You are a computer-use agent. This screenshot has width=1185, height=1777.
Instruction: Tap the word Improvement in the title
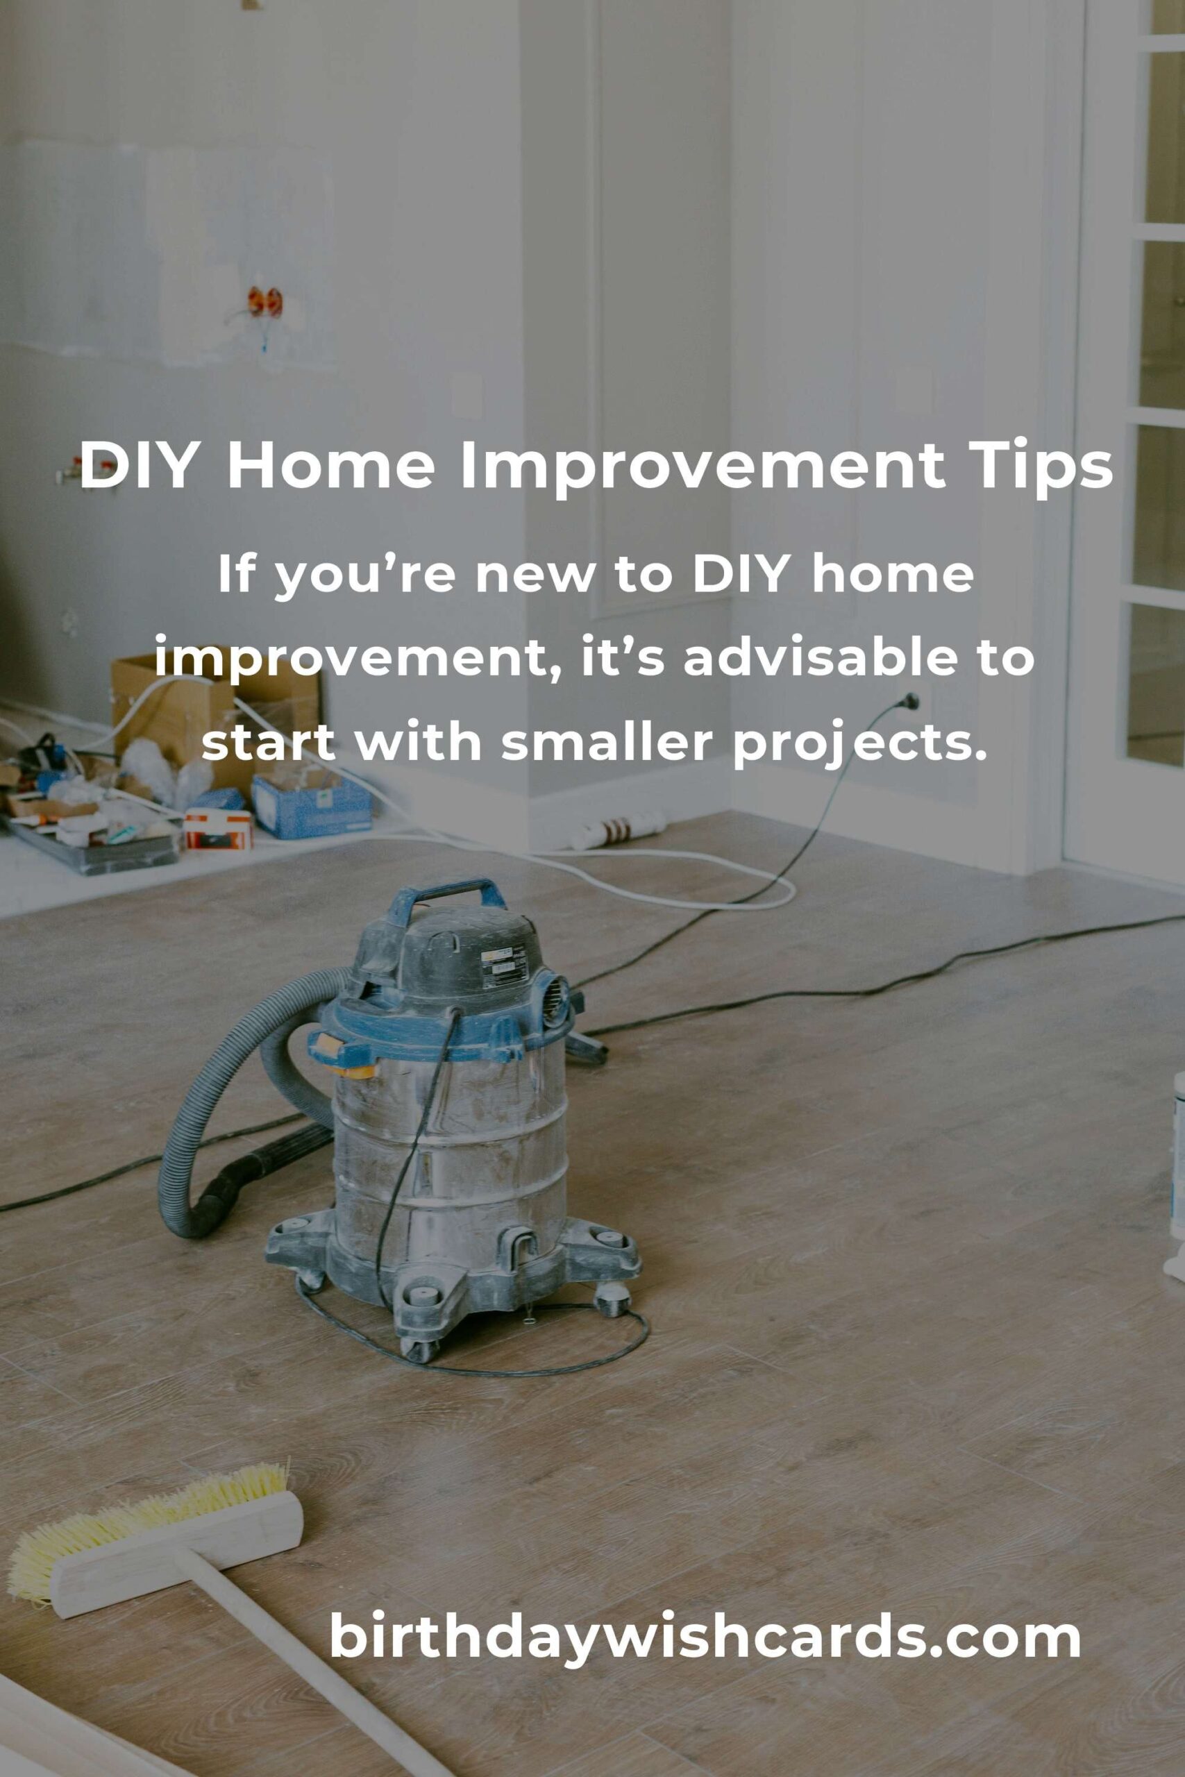pos(702,466)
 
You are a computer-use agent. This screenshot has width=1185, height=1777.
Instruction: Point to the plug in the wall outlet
pos(910,701)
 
